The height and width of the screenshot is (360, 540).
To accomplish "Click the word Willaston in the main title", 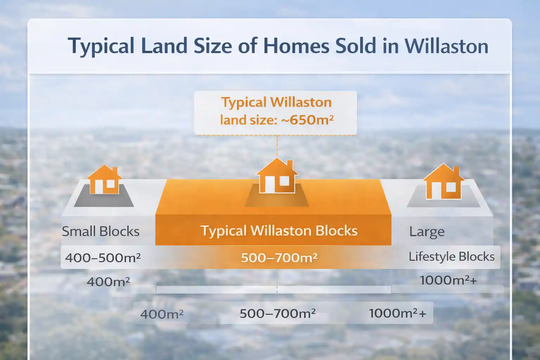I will [x=446, y=46].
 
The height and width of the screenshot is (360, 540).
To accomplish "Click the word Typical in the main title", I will [x=101, y=46].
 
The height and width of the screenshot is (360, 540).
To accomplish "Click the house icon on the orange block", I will [x=277, y=176].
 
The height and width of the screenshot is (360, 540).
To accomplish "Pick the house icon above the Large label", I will [x=443, y=182].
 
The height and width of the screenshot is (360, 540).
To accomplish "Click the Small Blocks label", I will [x=101, y=231].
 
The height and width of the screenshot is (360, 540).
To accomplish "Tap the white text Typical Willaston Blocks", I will [x=279, y=231].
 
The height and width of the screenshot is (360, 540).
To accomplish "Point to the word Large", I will [x=427, y=232].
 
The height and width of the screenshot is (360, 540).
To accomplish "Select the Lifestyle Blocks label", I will [x=451, y=256].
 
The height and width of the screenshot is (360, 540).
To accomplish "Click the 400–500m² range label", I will [x=103, y=258].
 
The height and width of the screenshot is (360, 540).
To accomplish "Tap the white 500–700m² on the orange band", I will [x=279, y=258].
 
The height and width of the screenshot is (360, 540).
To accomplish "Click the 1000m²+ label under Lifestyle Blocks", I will [x=448, y=280].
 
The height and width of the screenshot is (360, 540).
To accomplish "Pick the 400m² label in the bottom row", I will [x=162, y=314].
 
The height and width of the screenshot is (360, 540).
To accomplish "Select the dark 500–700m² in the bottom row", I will [x=277, y=313].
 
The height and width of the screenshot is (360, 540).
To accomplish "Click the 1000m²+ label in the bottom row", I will [x=397, y=313].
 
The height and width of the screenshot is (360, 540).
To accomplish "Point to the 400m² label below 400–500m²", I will [x=108, y=282].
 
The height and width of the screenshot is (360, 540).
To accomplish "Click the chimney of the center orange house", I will [x=290, y=165].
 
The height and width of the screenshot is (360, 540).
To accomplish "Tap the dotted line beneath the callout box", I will [x=277, y=146].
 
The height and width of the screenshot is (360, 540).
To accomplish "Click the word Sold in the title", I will [x=355, y=46].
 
